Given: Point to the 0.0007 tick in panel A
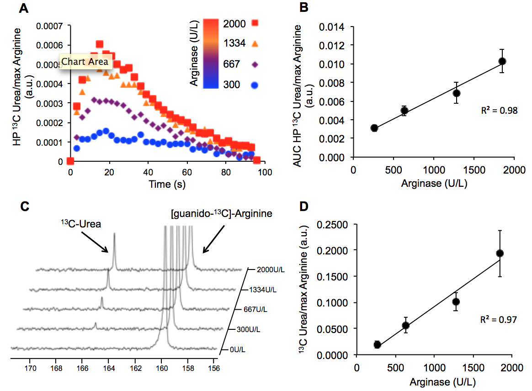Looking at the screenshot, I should (51, 26).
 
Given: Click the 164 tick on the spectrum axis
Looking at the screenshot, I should (109, 366).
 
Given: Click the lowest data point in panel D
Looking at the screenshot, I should (377, 344).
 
